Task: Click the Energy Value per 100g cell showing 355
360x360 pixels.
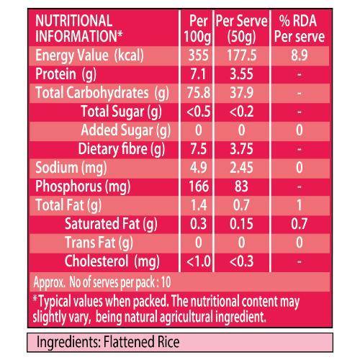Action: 198,55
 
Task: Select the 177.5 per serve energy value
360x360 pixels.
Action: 242,55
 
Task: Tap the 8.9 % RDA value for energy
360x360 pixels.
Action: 300,55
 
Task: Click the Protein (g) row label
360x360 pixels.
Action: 66,74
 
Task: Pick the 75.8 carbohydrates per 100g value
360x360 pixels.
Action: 199,93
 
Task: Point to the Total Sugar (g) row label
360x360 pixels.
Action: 121,112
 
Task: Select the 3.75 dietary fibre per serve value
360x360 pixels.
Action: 241,149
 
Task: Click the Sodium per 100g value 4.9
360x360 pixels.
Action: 198,168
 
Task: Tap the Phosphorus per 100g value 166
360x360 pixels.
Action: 199,186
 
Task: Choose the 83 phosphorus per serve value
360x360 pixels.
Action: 241,186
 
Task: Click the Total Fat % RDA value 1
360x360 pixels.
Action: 300,205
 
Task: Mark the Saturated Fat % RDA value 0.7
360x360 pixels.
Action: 300,224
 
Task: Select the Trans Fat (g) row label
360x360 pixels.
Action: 99,243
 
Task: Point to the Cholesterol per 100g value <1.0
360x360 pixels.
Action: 199,261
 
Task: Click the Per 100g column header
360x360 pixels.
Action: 198,29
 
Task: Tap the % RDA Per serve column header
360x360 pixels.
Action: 300,29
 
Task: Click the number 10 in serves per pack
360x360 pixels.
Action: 166,282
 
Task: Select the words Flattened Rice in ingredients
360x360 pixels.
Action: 141,342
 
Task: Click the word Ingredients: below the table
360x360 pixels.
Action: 68,343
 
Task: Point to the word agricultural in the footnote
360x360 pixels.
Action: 186,317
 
